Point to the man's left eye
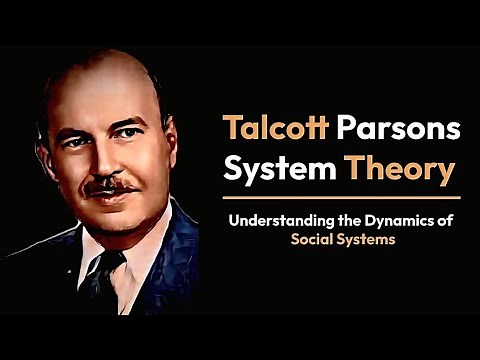coord(131,132)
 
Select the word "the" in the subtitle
coord(346,220)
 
